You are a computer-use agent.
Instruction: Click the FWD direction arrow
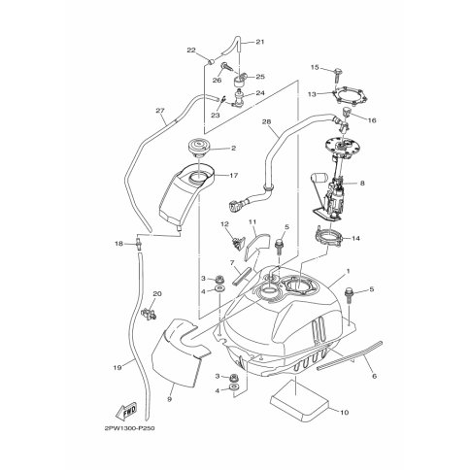click(126, 411)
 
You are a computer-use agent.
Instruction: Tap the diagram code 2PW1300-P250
click(130, 428)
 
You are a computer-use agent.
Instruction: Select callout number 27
click(159, 111)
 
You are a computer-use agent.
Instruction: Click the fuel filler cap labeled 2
click(199, 148)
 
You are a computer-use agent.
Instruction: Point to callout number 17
click(234, 175)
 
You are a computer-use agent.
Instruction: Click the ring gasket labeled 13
click(351, 95)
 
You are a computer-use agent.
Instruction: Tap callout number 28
click(266, 121)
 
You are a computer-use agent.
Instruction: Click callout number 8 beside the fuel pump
click(362, 184)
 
